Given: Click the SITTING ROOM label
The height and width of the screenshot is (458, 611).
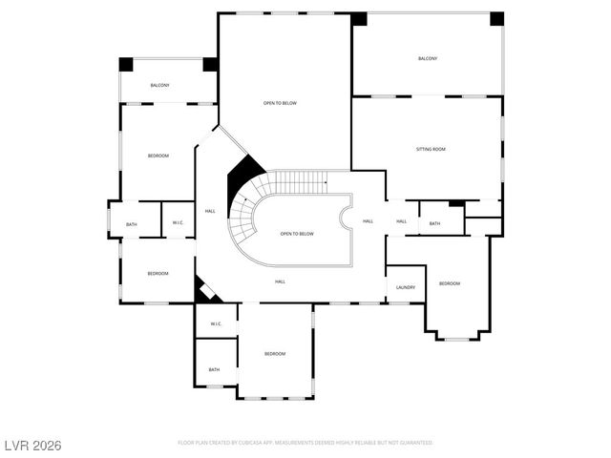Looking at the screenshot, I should [x=431, y=149].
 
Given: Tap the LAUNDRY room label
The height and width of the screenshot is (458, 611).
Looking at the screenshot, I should [x=405, y=286].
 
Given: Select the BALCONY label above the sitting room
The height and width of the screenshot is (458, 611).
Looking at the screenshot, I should [x=427, y=59].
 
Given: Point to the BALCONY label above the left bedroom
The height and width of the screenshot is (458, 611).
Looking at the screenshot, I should [x=159, y=86].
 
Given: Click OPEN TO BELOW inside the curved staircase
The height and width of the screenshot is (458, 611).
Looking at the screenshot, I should [x=297, y=233].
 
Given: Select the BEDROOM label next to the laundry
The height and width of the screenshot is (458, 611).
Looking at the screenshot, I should [x=449, y=283].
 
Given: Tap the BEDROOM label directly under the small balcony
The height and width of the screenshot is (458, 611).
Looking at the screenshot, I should [x=158, y=156].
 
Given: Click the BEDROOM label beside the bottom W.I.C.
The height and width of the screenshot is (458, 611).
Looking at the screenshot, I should [x=274, y=354].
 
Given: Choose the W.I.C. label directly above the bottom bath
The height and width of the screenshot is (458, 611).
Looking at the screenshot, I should [x=216, y=323].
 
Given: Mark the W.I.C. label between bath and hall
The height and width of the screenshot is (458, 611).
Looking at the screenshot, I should [x=179, y=222].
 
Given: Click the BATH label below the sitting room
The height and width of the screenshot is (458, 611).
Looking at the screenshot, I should [x=434, y=223].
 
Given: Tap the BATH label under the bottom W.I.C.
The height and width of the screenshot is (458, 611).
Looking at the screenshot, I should [x=214, y=369].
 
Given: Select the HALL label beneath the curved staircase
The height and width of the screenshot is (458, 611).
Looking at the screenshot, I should [x=281, y=281].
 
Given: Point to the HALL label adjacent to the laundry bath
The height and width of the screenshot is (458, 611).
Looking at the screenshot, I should [x=401, y=221].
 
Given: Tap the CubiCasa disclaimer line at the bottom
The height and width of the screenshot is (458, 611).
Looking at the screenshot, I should [x=305, y=443].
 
